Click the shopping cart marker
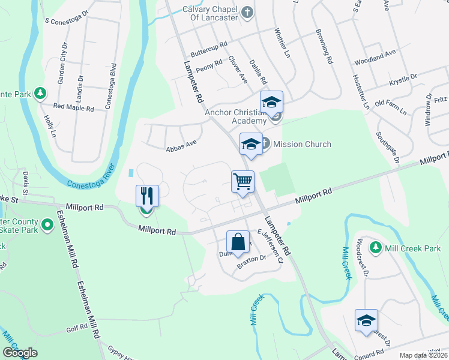tap(243, 181)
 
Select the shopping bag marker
tap(238, 242)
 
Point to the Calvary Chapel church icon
tap(247, 11)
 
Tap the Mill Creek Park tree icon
tap(375, 247)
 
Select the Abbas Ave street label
tap(181, 143)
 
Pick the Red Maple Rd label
tap(73, 109)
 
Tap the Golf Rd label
tap(77, 328)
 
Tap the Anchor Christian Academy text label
tap(235, 116)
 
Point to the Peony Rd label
tap(209, 69)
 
